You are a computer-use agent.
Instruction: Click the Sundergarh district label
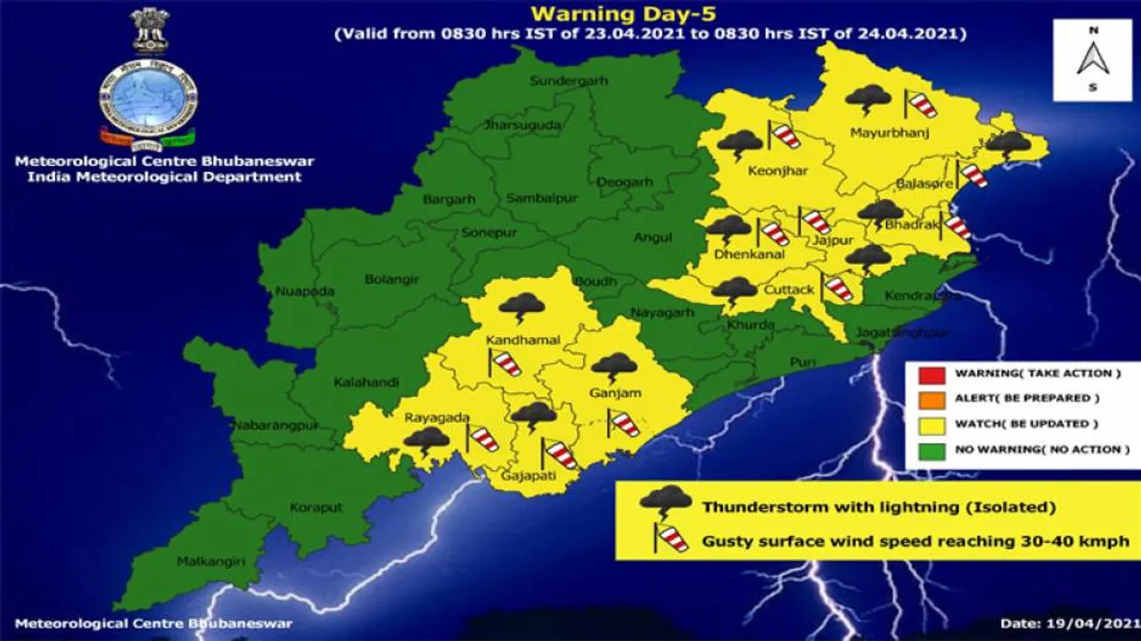click(x=569, y=81)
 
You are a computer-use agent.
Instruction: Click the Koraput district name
click(x=316, y=507)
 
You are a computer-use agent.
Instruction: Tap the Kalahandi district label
click(x=362, y=382)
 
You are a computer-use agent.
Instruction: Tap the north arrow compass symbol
click(x=1092, y=60)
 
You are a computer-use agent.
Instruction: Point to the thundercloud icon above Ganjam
click(x=614, y=366)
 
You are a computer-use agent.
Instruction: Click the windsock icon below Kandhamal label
click(x=505, y=363)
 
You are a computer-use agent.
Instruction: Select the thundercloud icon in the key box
click(x=665, y=503)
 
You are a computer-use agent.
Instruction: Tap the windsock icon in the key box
click(x=670, y=538)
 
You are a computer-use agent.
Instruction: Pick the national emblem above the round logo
click(x=149, y=30)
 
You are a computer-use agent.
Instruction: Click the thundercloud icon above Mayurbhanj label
click(x=867, y=98)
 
